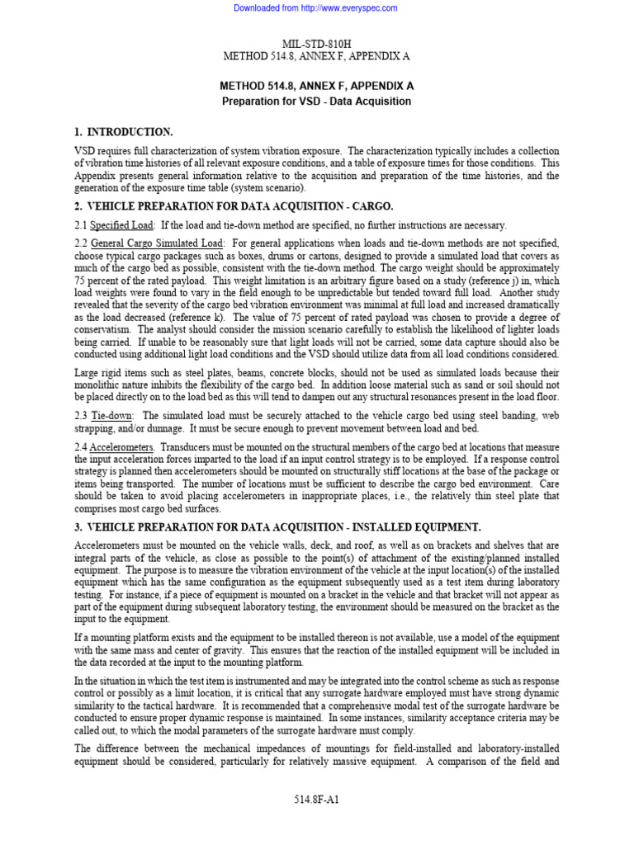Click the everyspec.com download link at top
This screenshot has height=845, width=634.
click(x=316, y=8)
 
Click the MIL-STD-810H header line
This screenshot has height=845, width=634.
click(x=316, y=43)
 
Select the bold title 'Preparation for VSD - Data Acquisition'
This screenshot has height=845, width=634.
click(x=316, y=101)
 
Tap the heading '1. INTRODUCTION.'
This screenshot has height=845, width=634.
click(x=123, y=132)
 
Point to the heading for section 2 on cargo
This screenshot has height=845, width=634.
click(x=234, y=205)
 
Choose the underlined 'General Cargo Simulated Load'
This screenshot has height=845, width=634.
click(x=157, y=243)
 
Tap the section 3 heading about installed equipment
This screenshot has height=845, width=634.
click(x=277, y=526)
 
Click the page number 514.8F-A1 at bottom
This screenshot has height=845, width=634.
click(x=316, y=800)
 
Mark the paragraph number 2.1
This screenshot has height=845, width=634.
click(x=80, y=225)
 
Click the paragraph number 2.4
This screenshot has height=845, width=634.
click(x=80, y=446)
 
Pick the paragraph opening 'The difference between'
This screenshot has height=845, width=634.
click(x=124, y=748)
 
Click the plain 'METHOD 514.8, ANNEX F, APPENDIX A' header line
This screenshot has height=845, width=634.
click(x=316, y=56)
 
